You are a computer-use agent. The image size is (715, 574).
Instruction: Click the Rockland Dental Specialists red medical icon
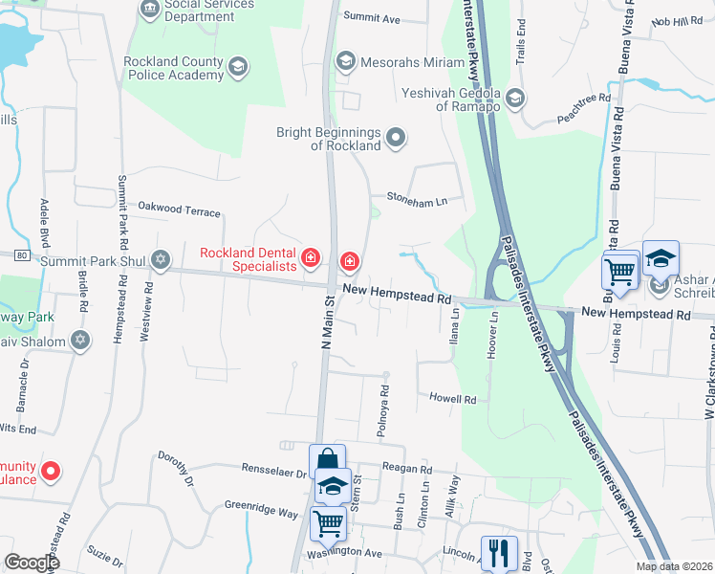click(x=310, y=256)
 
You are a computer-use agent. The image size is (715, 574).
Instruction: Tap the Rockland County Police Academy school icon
click(x=237, y=66)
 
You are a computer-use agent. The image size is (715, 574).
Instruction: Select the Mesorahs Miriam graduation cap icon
click(x=346, y=61)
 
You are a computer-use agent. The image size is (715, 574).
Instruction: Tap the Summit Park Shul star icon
click(x=161, y=260)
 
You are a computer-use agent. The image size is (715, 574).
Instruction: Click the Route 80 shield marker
click(x=21, y=255)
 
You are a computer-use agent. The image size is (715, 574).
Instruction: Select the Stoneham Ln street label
click(x=416, y=200)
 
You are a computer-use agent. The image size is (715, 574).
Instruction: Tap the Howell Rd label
click(x=452, y=398)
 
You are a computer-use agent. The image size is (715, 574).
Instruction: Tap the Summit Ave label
click(x=372, y=18)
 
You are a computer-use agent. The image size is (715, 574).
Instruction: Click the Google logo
click(x=32, y=563)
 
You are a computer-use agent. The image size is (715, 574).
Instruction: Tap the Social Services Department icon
click(x=151, y=10)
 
